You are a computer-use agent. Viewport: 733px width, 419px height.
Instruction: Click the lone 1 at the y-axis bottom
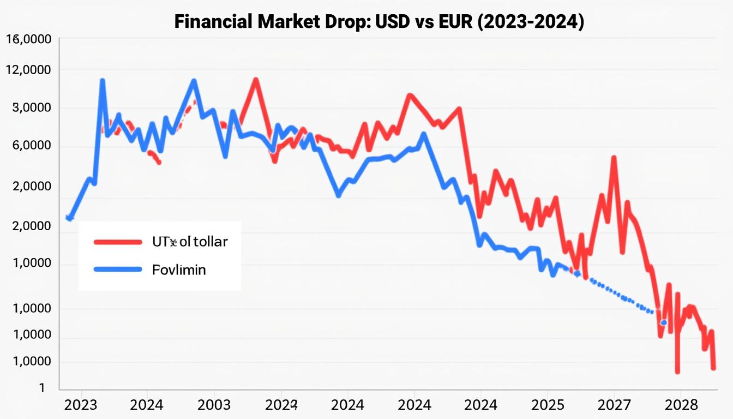coord(41,388)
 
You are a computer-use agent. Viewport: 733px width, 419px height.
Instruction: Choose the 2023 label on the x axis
coord(81,405)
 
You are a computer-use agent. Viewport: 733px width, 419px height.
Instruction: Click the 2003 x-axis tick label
coord(214,405)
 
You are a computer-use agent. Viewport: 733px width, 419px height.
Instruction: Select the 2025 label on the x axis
coord(548,405)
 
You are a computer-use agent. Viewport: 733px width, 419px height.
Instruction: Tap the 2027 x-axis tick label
coord(615,405)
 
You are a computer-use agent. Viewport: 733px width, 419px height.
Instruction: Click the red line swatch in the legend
coord(117,241)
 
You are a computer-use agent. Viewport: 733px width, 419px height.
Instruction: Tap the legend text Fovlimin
coord(179,270)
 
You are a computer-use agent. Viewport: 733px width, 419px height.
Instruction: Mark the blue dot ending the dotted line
coord(663,322)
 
